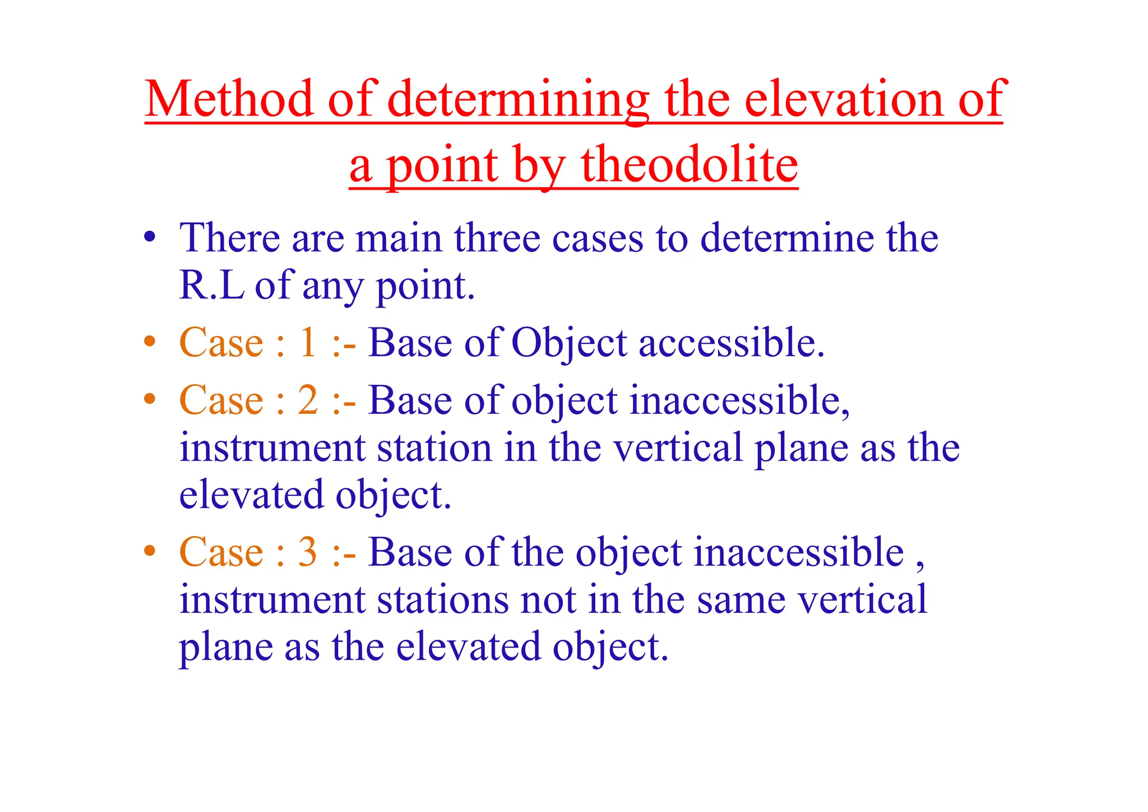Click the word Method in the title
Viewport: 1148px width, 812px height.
229,100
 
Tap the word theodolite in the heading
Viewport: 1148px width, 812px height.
689,166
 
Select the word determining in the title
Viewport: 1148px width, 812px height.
519,100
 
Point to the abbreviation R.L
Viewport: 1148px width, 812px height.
212,286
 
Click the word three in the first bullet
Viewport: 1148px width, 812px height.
497,238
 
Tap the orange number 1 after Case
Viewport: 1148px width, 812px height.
308,343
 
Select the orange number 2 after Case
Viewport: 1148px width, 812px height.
308,401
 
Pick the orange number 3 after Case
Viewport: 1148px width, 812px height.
308,553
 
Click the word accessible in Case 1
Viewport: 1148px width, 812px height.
732,343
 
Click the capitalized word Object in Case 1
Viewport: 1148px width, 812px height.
569,343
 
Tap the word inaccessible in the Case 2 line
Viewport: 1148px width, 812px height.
739,401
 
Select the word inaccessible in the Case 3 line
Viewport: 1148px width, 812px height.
799,553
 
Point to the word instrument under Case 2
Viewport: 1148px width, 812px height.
272,449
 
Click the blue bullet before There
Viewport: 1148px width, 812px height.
149,238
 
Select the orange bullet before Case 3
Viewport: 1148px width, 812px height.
149,551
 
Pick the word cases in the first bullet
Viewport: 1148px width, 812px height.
598,238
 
